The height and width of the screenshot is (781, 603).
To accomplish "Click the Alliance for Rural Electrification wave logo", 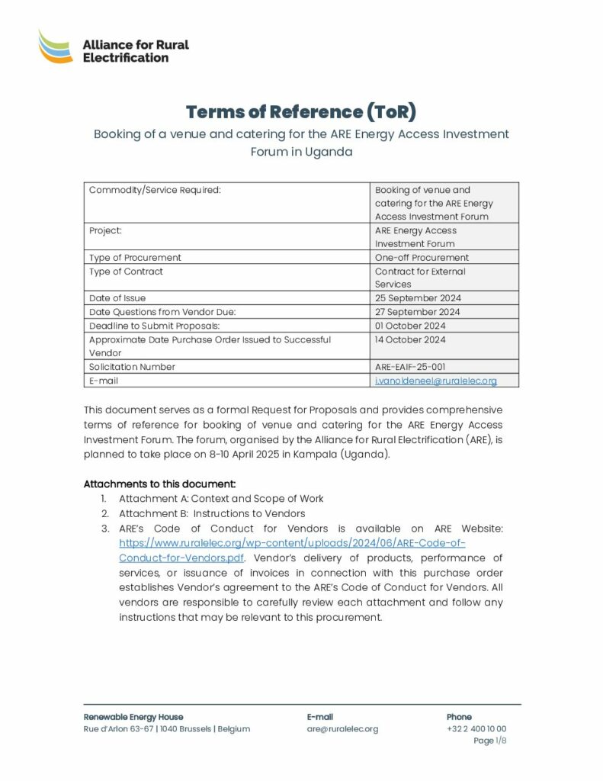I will tap(56, 47).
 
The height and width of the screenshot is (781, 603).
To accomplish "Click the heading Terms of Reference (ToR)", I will tap(301, 111).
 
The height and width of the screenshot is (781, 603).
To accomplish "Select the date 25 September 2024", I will tap(417, 298).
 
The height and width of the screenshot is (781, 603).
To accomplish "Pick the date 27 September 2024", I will tap(417, 312).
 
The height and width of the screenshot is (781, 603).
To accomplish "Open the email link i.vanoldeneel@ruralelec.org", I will tap(435, 381).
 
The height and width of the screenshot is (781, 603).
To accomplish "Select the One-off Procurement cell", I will tap(422, 258).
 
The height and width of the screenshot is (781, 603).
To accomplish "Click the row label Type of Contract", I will tap(126, 272).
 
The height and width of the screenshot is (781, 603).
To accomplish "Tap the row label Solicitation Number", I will tap(132, 367).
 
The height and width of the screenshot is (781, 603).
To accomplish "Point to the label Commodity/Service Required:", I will tap(155, 190).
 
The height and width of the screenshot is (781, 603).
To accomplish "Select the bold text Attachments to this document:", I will tap(159, 484).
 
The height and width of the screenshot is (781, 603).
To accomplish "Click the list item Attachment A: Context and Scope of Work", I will tap(221, 499).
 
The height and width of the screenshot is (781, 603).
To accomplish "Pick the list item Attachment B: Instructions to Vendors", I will tap(212, 513).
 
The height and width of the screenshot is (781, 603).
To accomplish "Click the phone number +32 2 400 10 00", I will tap(476, 729).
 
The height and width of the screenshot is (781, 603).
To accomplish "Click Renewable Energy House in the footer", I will tap(133, 717).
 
